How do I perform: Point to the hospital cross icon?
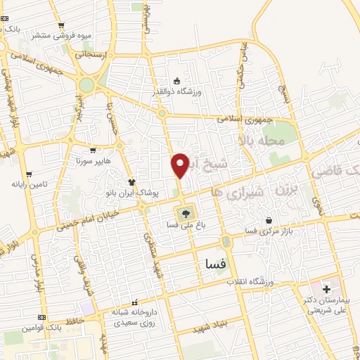coord(326,289)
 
